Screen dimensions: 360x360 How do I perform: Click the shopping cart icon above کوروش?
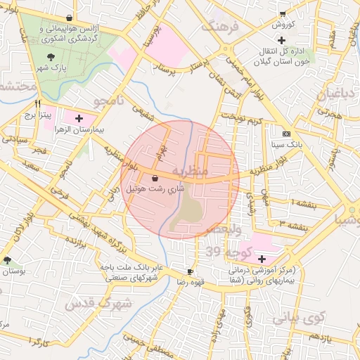pos(283,13)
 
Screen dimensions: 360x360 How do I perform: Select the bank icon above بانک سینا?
pos(285,133)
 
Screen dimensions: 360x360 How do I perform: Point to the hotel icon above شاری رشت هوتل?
pos(155,178)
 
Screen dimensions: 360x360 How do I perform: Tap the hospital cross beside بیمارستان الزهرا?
pos(78,118)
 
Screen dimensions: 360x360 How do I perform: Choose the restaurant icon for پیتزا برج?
pos(29,102)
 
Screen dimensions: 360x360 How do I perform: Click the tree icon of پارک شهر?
pos(50,57)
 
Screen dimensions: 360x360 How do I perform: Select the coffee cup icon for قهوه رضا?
pos(190,271)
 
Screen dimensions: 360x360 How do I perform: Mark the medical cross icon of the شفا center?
pos(262,259)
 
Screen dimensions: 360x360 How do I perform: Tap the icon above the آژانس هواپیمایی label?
pos(68,18)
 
